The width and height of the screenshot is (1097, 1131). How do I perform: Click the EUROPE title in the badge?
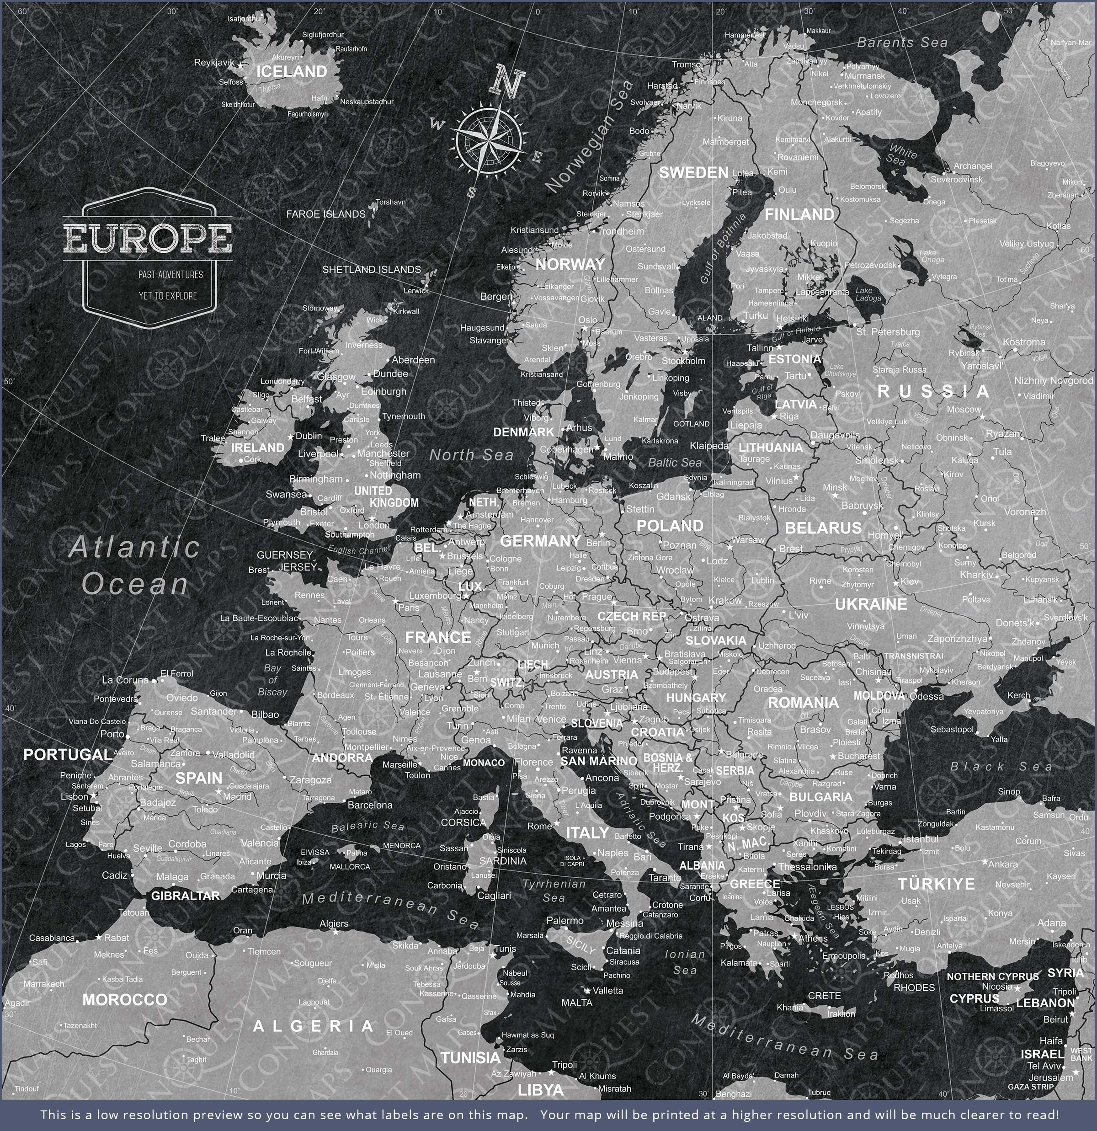tap(148, 237)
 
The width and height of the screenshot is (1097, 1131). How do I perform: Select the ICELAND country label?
tap(292, 72)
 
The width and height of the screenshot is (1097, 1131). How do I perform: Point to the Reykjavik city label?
tap(214, 62)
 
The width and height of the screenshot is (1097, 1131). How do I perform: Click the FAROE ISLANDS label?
tap(325, 214)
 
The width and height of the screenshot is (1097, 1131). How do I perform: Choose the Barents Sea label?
tap(902, 43)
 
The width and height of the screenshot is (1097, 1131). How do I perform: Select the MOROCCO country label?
tap(125, 1000)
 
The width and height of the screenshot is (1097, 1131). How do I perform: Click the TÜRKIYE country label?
tap(936, 884)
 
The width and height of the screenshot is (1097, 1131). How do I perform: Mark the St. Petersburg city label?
tap(888, 332)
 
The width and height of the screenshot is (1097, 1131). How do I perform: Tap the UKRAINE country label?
tap(871, 604)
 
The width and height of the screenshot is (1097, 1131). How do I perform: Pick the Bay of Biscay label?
tap(272, 680)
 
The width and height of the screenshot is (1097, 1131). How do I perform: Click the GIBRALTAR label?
tap(185, 896)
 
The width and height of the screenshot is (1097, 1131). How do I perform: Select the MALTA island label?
tap(576, 1003)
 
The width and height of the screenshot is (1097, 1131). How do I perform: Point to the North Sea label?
tap(471, 455)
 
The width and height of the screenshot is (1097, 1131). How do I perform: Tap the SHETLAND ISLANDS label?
tap(371, 269)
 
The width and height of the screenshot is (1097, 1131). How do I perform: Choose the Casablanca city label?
tap(52, 938)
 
